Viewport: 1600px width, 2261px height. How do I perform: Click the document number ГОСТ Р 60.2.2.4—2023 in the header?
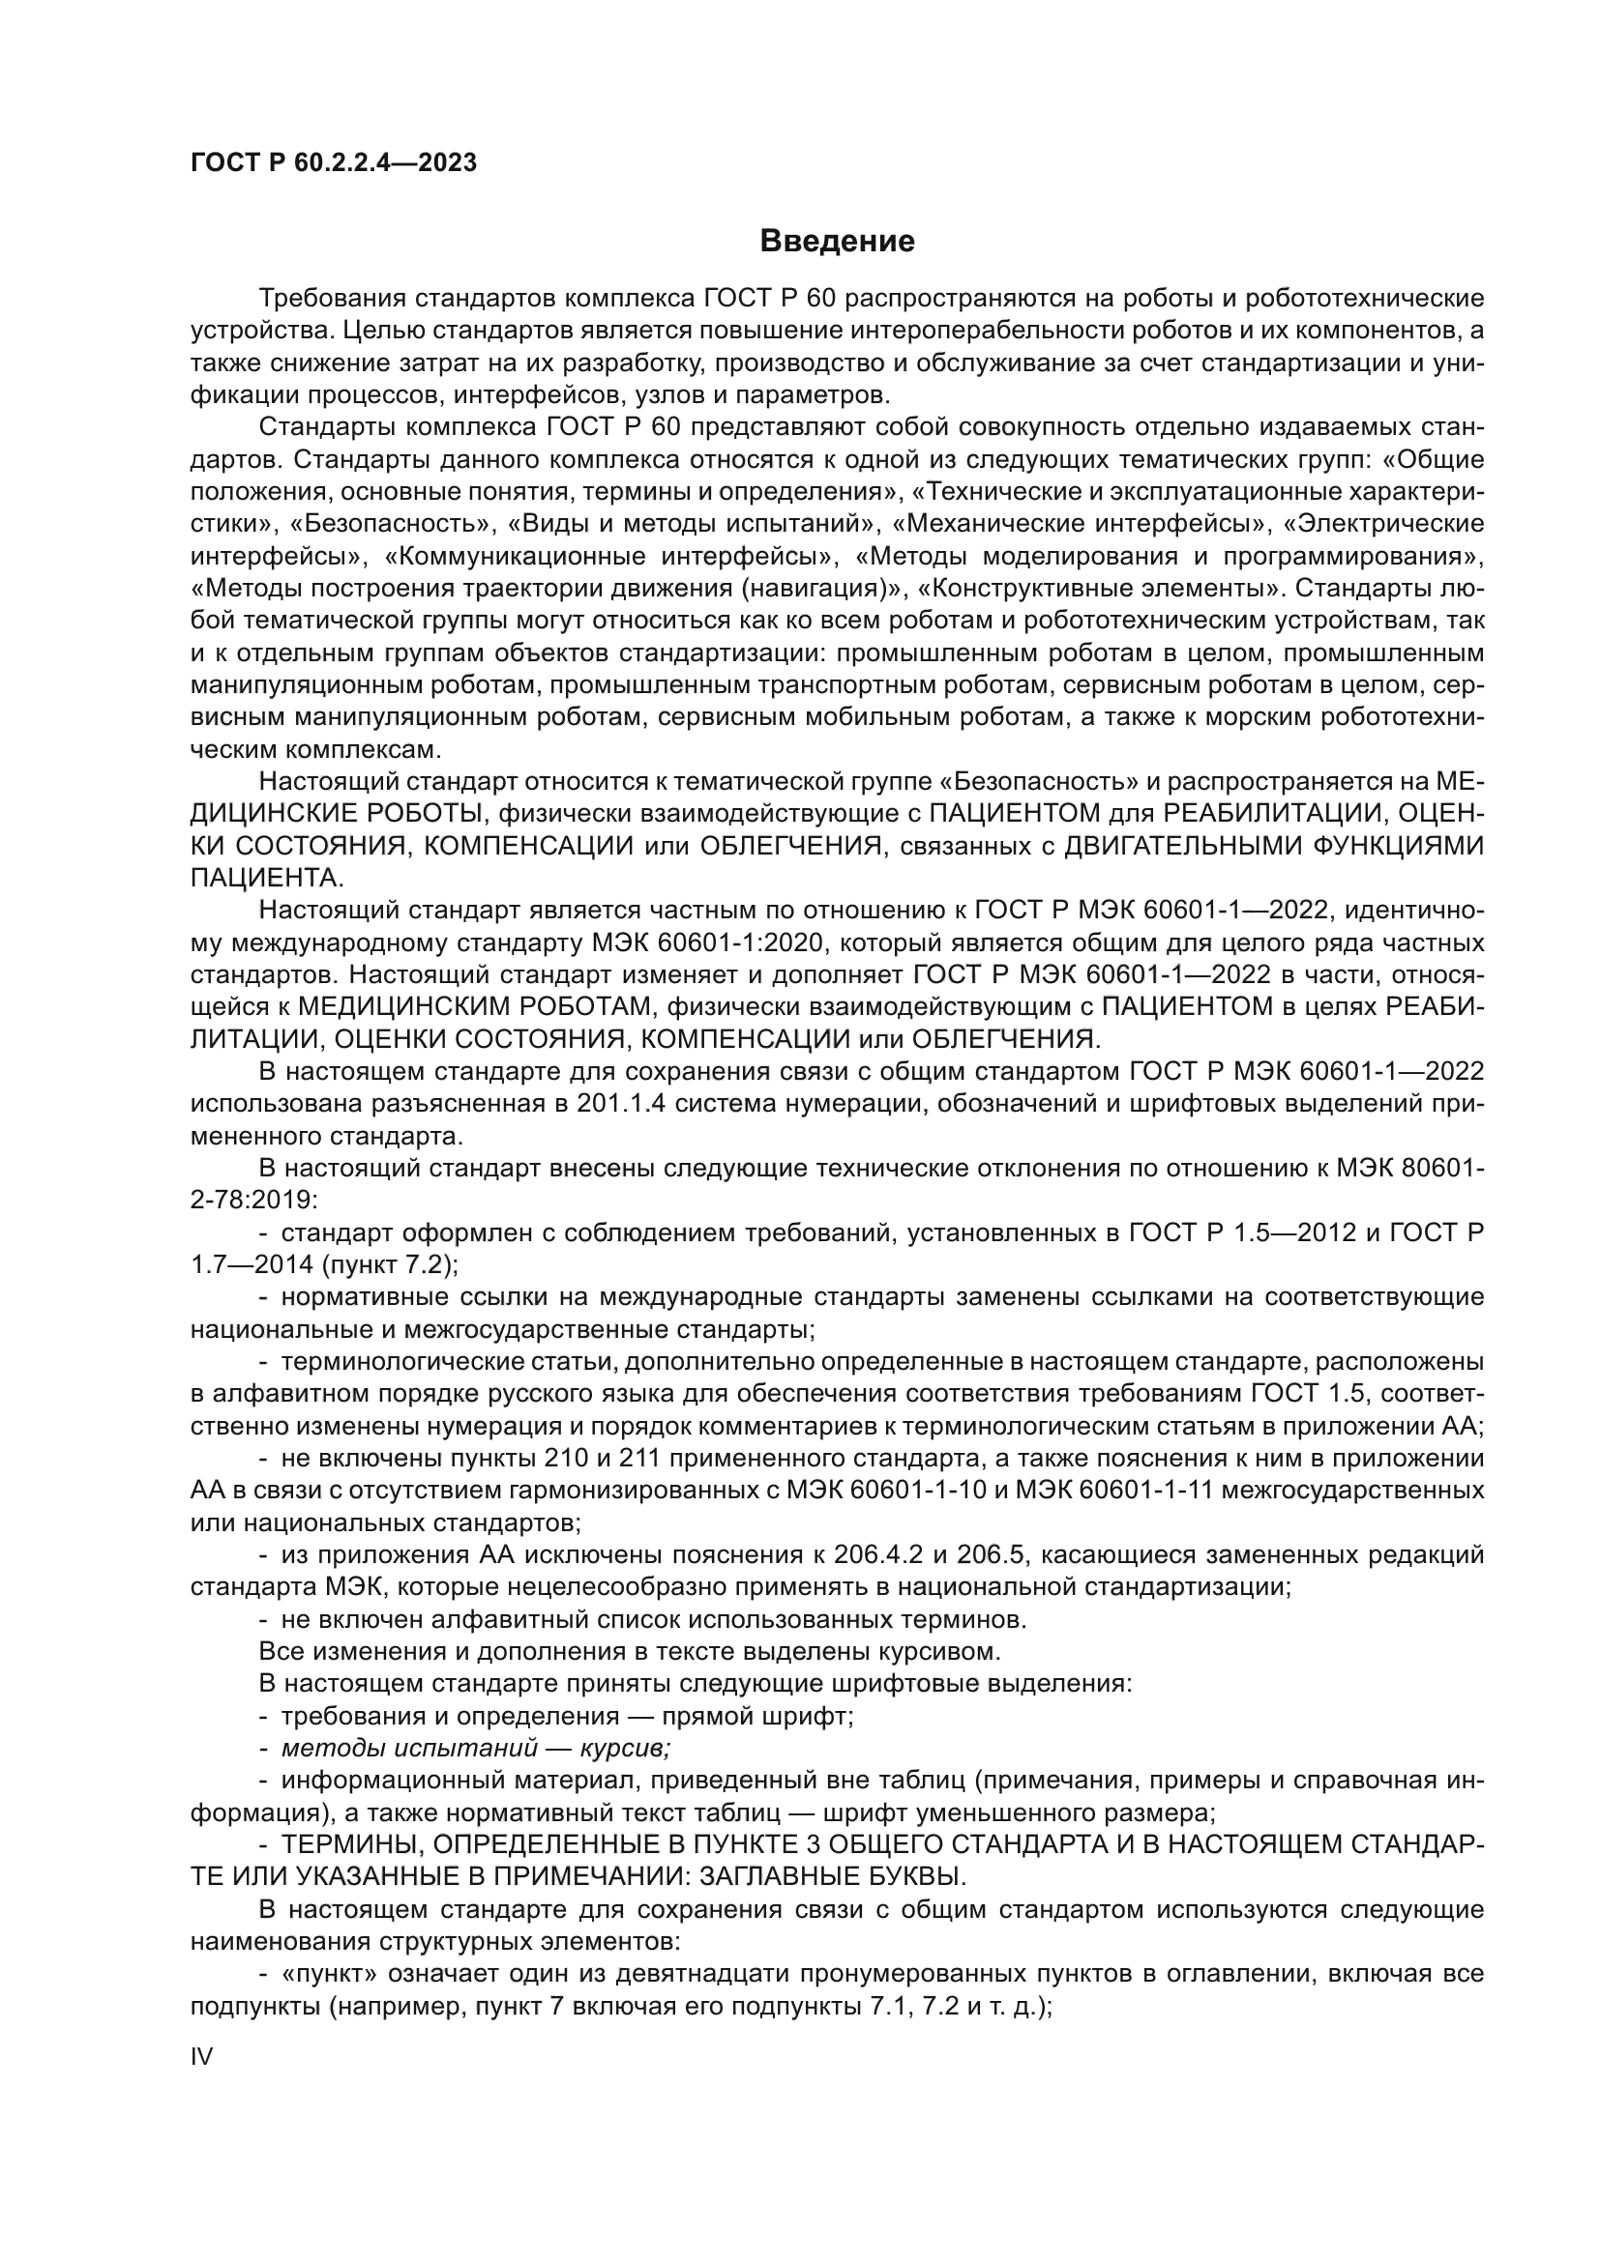pos(334,163)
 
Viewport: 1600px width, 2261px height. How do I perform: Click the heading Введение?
pos(838,242)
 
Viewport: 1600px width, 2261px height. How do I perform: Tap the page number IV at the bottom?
pos(201,2057)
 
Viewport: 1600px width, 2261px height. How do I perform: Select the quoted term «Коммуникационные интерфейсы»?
pos(606,557)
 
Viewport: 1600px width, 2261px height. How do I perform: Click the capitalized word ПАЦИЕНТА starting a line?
pos(265,879)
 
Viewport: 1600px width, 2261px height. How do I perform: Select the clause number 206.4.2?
pos(876,1556)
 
